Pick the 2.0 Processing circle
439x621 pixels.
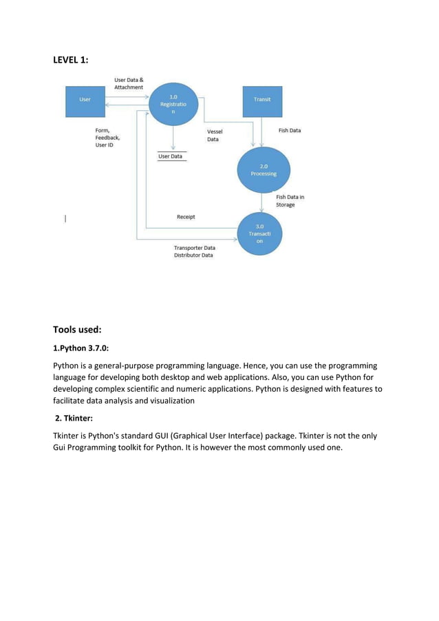(x=264, y=169)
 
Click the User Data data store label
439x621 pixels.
(x=172, y=156)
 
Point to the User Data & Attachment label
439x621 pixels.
(x=129, y=84)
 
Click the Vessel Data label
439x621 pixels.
(x=215, y=135)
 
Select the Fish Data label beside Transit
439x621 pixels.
(x=289, y=130)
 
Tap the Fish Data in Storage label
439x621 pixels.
(x=290, y=200)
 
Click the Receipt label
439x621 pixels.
(x=186, y=217)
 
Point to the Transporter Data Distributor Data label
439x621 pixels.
(x=193, y=251)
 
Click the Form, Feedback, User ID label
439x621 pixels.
(x=107, y=138)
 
